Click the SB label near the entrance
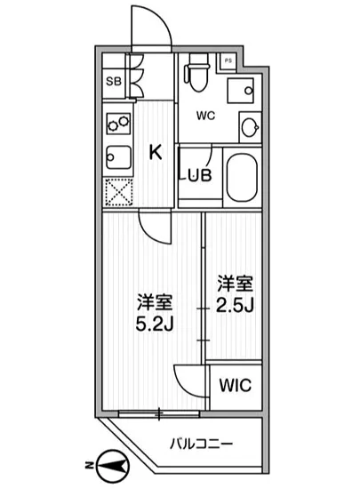pos(113,82)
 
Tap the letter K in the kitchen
pos(154,152)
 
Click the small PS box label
pos(228,60)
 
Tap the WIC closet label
pos(236,385)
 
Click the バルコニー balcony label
pos(201,442)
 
